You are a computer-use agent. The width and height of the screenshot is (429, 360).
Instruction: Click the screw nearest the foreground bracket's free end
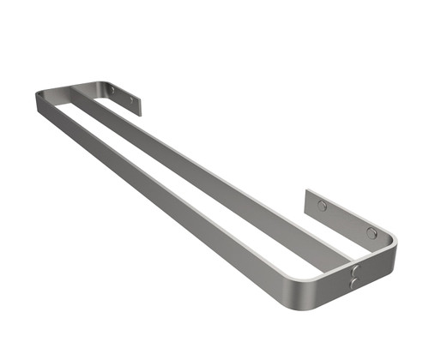pos(322,206)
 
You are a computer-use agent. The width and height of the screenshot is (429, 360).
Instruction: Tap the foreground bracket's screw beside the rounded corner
pos(372,232)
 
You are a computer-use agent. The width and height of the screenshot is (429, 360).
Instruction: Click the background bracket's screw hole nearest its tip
pos(131,100)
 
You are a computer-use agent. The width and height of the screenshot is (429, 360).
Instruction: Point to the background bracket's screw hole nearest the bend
pos(111,89)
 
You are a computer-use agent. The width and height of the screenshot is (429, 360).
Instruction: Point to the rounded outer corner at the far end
pos(39,94)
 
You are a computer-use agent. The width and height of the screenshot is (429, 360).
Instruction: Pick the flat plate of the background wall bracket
pos(120,96)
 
